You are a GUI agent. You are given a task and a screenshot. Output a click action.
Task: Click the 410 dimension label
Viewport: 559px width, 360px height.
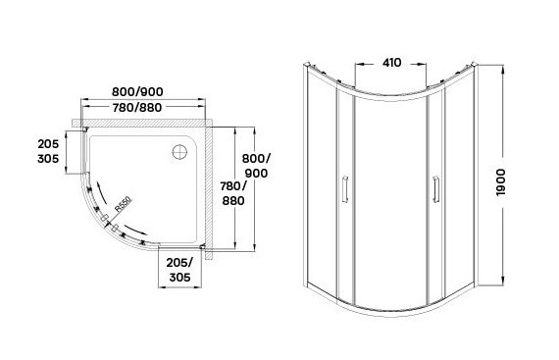pos(392,63)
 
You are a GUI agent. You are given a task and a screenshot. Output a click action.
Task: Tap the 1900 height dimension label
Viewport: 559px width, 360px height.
pos(501,182)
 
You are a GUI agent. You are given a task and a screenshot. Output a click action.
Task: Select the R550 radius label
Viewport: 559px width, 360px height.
pos(124,204)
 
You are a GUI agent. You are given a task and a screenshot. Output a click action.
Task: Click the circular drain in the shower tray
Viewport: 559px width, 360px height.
pos(179,152)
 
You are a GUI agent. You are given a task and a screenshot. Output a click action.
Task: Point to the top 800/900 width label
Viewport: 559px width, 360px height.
pos(137,91)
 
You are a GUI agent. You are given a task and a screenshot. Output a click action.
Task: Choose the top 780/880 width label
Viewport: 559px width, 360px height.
pos(137,107)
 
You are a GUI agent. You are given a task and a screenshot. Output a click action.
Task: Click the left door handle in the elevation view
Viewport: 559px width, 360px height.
pos(345,189)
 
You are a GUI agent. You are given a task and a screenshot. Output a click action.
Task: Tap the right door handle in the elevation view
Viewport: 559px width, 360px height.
pos(435,189)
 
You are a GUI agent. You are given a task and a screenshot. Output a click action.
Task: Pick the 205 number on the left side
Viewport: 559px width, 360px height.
pos(48,144)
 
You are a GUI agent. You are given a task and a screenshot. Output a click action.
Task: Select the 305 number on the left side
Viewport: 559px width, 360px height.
pos(48,159)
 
